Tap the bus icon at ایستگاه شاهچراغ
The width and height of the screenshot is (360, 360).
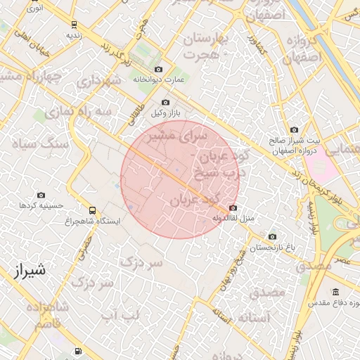[x=92, y=210]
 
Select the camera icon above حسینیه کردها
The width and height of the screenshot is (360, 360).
[x=41, y=195]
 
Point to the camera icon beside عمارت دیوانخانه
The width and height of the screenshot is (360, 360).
[x=158, y=70]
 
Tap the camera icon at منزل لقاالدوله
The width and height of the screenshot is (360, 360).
[x=233, y=208]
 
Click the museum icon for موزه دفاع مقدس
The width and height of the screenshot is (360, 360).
[x=335, y=292]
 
